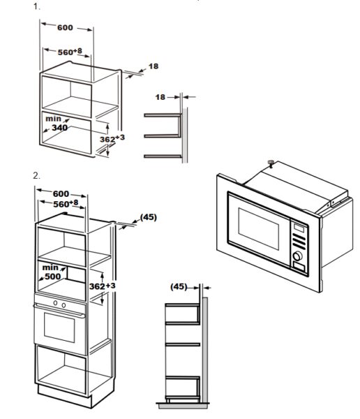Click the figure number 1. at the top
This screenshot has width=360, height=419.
tap(36, 6)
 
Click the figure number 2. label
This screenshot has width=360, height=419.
tap(36, 176)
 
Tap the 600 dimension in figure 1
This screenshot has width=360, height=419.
tap(65, 27)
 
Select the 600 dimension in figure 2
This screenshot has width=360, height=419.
tap(61, 193)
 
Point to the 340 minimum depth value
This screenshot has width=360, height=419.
tap(59, 128)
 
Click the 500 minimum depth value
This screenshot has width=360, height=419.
tap(52, 276)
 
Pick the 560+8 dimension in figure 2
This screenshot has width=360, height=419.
tap(66, 204)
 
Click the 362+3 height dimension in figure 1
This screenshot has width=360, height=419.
tap(112, 138)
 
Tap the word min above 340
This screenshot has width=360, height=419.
tap(53, 119)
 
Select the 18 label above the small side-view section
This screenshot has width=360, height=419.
tap(160, 97)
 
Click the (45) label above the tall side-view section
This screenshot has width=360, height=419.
tap(179, 287)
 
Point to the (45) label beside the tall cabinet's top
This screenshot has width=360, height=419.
tap(149, 217)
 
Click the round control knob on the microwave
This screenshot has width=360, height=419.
tap(297, 256)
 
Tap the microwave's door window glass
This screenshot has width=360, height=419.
tap(259, 229)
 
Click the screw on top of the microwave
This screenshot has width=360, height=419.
tap(271, 163)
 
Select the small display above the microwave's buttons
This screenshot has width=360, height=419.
tap(299, 228)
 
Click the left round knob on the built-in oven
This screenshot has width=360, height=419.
tap(55, 303)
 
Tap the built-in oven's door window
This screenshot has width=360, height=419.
tap(59, 328)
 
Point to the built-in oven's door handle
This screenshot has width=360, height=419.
tap(59, 311)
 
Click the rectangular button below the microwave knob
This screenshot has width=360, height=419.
tap(299, 267)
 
